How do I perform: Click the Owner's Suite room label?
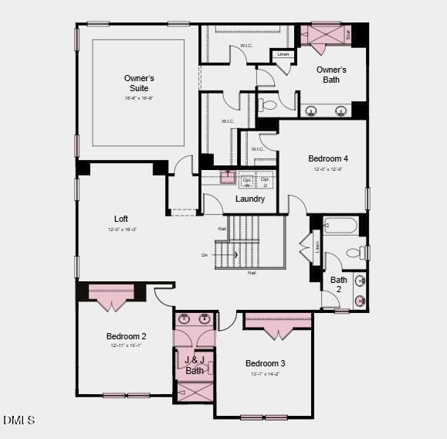(139, 83)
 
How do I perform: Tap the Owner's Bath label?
(331, 74)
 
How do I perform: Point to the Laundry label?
(250, 199)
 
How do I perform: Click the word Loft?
(121, 219)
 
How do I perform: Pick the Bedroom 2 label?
(127, 336)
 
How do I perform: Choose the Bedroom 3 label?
(266, 363)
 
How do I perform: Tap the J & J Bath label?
(195, 365)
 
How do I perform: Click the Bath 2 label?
(339, 284)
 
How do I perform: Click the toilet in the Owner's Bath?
(269, 105)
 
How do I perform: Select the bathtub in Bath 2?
(340, 226)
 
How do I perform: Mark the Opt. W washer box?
(247, 182)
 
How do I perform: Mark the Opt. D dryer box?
(265, 182)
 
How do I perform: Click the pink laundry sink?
(227, 177)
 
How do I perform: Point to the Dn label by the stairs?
(205, 254)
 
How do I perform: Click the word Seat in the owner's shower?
(348, 34)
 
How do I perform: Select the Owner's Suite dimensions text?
(139, 98)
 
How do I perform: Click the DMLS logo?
(19, 420)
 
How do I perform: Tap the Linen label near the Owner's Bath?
(283, 54)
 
